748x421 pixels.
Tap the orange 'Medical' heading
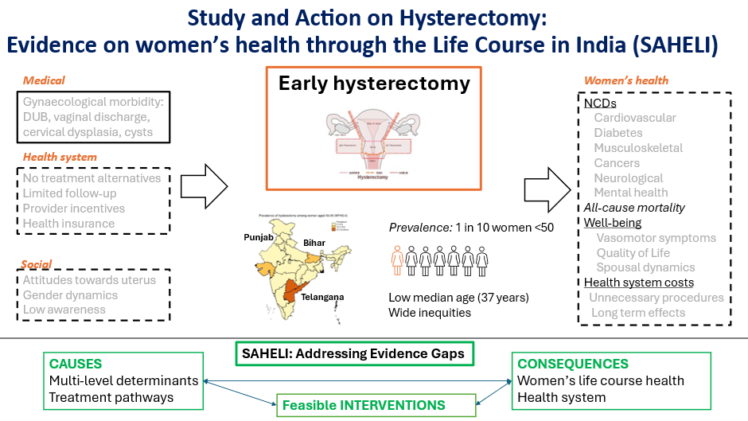44,80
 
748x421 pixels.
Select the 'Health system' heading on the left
60,157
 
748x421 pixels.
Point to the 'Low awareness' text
64,310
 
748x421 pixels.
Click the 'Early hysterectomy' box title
374,84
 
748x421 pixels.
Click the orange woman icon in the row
396,260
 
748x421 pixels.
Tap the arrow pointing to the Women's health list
547,189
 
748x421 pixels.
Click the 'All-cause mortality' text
634,208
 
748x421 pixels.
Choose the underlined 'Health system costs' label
639,283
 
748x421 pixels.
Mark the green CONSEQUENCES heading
573,364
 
